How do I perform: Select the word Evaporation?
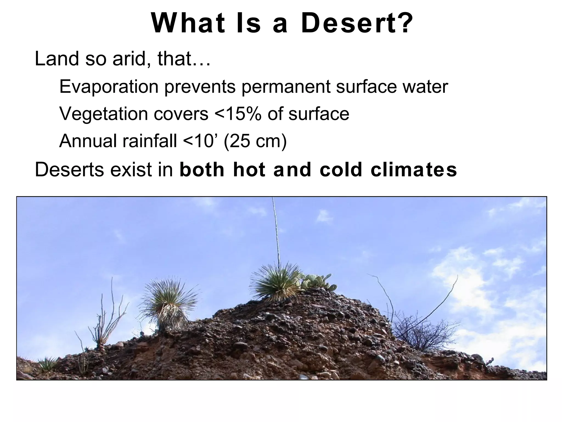109,87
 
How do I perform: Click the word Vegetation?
103,114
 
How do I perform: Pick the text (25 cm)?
255,141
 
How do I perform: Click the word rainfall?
149,141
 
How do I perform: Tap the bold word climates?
414,170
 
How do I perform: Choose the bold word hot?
249,170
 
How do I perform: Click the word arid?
128,59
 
